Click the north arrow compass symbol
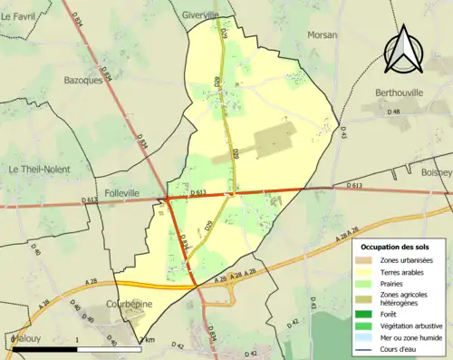tap(404, 49)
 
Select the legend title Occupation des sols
tap(395, 247)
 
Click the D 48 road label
tap(393, 112)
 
